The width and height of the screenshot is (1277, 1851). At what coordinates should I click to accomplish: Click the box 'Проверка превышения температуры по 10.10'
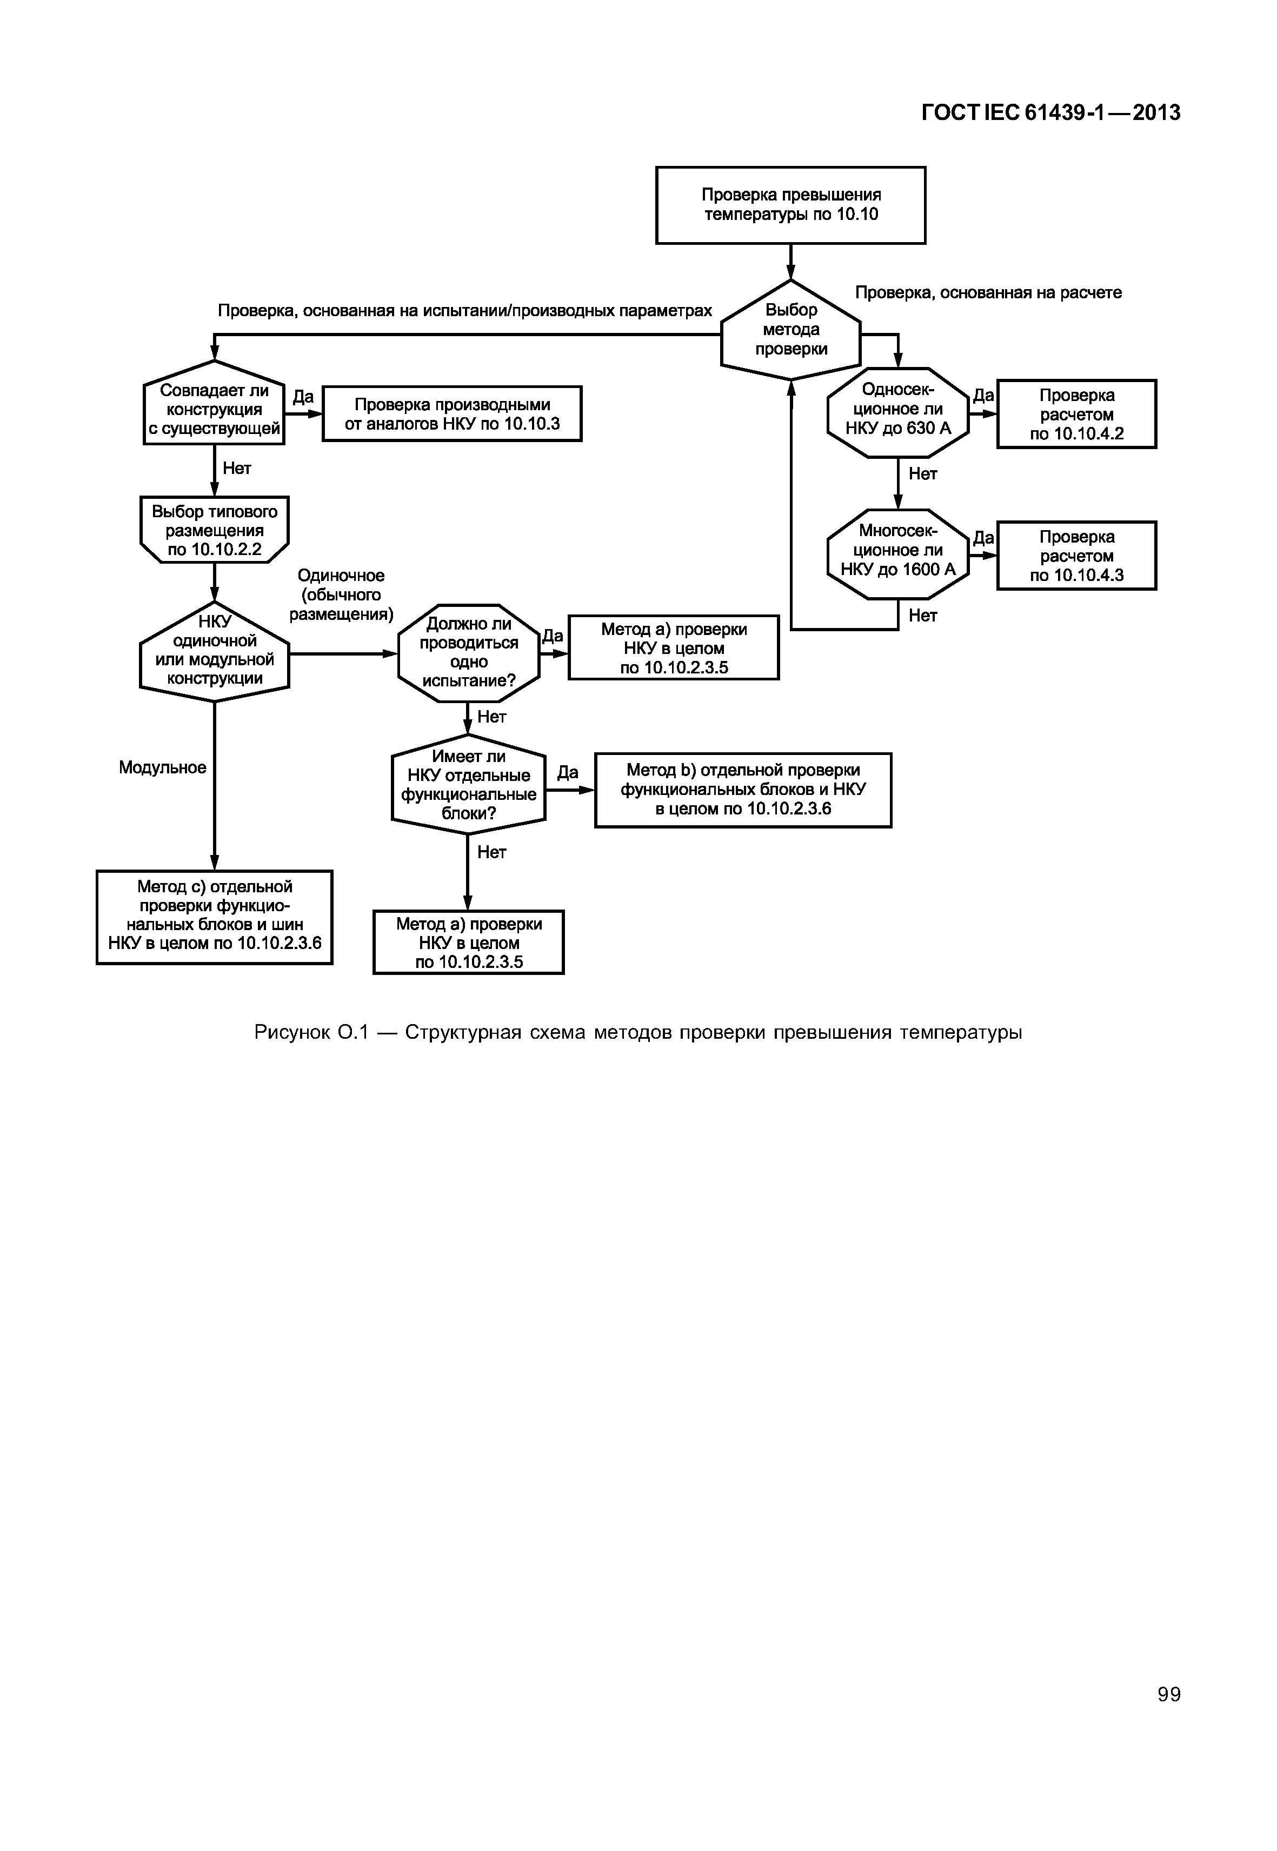coord(790,205)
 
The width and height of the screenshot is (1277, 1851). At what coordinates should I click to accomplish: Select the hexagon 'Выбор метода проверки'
coord(790,330)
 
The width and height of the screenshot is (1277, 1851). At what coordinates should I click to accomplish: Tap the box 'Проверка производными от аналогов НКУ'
coord(452,413)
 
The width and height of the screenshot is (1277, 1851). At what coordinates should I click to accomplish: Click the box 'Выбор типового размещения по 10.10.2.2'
coord(215,530)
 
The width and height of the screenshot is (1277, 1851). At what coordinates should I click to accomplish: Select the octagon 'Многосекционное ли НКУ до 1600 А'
coord(898,553)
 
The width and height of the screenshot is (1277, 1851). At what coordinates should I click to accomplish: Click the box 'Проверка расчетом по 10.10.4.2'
coord(1076,413)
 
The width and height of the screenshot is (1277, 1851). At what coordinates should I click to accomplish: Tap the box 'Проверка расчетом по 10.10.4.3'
coord(1076,555)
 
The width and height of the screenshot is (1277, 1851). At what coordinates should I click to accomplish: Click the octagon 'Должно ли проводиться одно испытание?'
coord(469,653)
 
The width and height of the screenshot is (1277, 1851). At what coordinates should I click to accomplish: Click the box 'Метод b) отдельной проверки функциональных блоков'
coord(742,790)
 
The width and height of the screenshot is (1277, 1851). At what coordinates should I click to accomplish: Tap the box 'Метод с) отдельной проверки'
coord(215,917)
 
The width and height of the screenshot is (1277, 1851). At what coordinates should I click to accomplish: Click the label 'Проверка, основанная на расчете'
coord(988,293)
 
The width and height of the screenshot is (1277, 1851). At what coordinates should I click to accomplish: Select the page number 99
coord(1168,1695)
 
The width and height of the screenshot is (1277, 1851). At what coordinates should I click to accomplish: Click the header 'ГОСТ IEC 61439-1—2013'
coord(1050,113)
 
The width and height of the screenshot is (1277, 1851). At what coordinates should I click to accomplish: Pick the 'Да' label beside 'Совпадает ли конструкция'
coord(303,397)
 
